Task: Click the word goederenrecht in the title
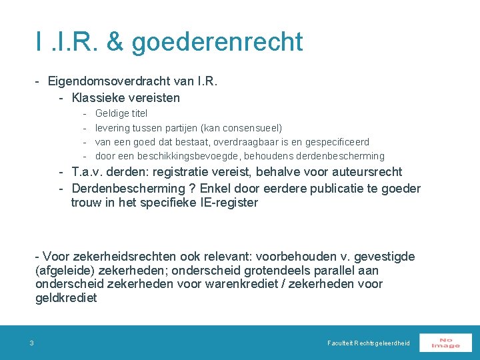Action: point(217,41)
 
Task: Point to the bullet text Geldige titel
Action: point(121,113)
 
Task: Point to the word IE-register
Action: point(229,203)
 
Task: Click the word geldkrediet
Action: point(66,298)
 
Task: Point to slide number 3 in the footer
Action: point(31,343)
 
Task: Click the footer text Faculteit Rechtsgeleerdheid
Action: point(369,343)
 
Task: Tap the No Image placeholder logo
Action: point(445,342)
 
